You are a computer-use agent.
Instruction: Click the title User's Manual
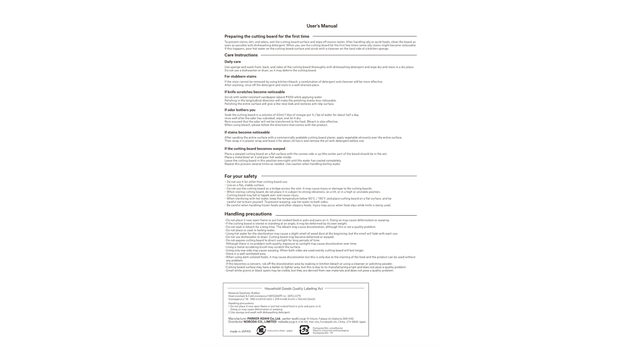322,26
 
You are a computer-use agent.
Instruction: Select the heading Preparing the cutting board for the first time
267,36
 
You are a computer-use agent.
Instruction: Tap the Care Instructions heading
241,55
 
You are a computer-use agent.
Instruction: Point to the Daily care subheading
233,62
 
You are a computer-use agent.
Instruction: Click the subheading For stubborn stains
240,76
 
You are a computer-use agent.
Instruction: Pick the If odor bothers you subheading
240,110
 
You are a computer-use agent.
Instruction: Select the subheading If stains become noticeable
247,132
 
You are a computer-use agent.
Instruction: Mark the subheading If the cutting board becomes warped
255,148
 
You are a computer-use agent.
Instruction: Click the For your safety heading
241,176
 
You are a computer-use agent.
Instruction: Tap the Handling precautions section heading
248,214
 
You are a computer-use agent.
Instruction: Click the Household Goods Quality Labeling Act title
294,289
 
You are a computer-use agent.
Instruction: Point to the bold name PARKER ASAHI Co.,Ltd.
264,319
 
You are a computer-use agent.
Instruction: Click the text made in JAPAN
240,331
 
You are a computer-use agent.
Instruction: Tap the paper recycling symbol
261,330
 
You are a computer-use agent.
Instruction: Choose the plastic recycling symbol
304,330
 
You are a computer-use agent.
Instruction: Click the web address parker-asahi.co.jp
294,319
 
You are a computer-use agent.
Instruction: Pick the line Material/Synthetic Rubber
244,293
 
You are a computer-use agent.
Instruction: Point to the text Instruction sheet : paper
280,331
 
